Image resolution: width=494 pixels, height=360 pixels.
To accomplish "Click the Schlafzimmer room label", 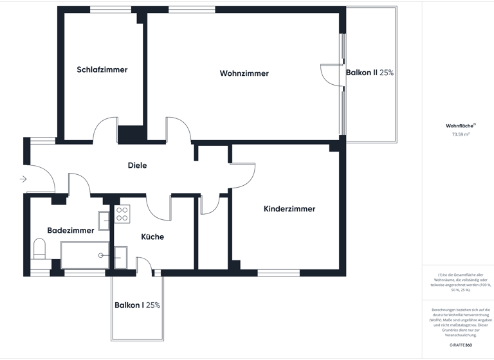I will coord(102,70).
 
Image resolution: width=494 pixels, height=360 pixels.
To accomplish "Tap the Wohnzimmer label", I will coord(244,73).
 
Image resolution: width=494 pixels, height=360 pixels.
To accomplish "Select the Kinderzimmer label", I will coord(289,209).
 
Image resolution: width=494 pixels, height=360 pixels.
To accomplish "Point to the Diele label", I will coord(137,165).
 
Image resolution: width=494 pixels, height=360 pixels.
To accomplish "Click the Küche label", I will coord(152,237).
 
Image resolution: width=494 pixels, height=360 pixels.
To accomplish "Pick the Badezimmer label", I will coord(71,230).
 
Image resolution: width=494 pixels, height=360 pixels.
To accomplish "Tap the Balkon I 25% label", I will coord(137,305).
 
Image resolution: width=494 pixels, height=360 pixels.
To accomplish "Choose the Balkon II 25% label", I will coord(370,73).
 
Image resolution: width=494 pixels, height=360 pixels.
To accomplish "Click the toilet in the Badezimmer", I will coord(39,249).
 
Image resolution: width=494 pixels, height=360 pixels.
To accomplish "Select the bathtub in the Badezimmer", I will coord(85,255).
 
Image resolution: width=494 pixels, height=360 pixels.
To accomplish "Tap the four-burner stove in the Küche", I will coord(122,214).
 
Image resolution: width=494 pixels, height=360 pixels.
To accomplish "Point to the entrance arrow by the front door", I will coord(24,179).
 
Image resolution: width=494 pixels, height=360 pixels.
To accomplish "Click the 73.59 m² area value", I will coord(460,135).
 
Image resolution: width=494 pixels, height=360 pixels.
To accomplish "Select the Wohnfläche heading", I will coord(459,126).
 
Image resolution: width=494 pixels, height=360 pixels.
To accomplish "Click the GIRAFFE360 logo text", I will coord(460,345).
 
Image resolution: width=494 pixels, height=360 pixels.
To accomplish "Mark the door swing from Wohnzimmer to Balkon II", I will coord(331,73).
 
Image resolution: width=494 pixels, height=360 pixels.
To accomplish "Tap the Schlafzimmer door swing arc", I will coord(105,130).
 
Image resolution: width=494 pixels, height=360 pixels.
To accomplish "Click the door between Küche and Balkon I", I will coord(145,266).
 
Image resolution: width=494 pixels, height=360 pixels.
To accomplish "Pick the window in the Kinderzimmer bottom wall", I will coord(279,273).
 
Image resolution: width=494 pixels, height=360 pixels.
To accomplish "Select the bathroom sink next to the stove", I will coord(104,217).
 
